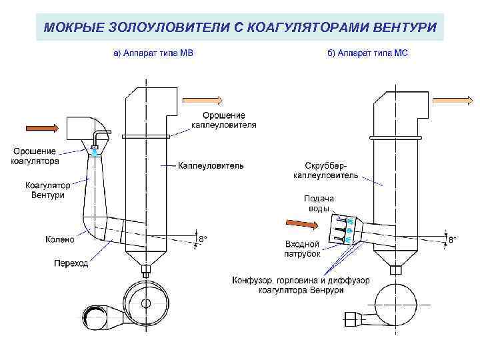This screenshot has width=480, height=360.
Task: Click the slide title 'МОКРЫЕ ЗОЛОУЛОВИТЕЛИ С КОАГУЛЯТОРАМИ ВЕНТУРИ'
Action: (x=240, y=28)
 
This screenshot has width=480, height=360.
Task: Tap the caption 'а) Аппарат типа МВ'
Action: (x=152, y=53)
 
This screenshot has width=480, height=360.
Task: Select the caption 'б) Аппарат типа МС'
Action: (x=367, y=53)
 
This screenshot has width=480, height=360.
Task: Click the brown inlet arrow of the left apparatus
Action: (x=41, y=127)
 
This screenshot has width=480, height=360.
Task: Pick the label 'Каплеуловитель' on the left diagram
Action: (x=211, y=165)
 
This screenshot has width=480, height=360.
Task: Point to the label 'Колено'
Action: (x=59, y=238)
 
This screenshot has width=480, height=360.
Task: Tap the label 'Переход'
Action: (x=71, y=263)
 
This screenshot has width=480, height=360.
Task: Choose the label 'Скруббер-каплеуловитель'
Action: (x=325, y=170)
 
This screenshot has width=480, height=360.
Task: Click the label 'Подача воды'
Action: (x=319, y=203)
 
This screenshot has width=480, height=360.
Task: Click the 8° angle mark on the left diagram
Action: (x=202, y=238)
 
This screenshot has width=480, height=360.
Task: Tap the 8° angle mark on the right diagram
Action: (x=452, y=238)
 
